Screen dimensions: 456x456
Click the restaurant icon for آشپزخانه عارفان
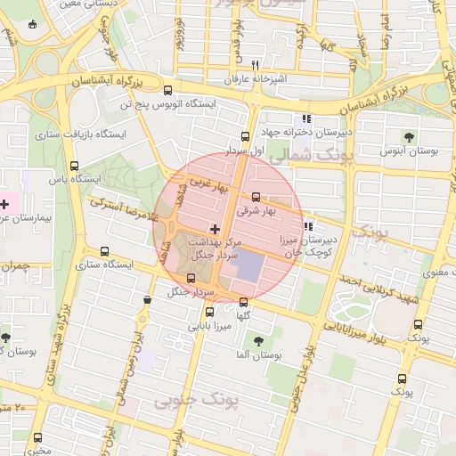click(256, 65)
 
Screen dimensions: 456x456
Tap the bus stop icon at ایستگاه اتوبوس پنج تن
click(169, 90)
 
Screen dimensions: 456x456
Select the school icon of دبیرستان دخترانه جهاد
click(306, 118)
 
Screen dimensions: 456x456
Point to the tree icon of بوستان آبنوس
click(409, 136)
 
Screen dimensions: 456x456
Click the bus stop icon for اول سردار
click(245, 136)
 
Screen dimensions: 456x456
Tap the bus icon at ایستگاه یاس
click(74, 165)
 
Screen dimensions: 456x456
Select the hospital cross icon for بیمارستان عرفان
click(4, 204)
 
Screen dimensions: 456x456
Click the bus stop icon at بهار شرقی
click(256, 198)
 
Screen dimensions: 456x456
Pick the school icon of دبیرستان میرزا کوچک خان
click(308, 224)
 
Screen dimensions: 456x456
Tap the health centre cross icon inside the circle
click(215, 229)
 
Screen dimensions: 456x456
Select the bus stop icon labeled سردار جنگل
click(191, 278)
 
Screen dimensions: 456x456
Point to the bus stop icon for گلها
click(244, 302)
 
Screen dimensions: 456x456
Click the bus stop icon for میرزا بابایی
click(210, 312)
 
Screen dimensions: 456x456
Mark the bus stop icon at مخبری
click(37, 437)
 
